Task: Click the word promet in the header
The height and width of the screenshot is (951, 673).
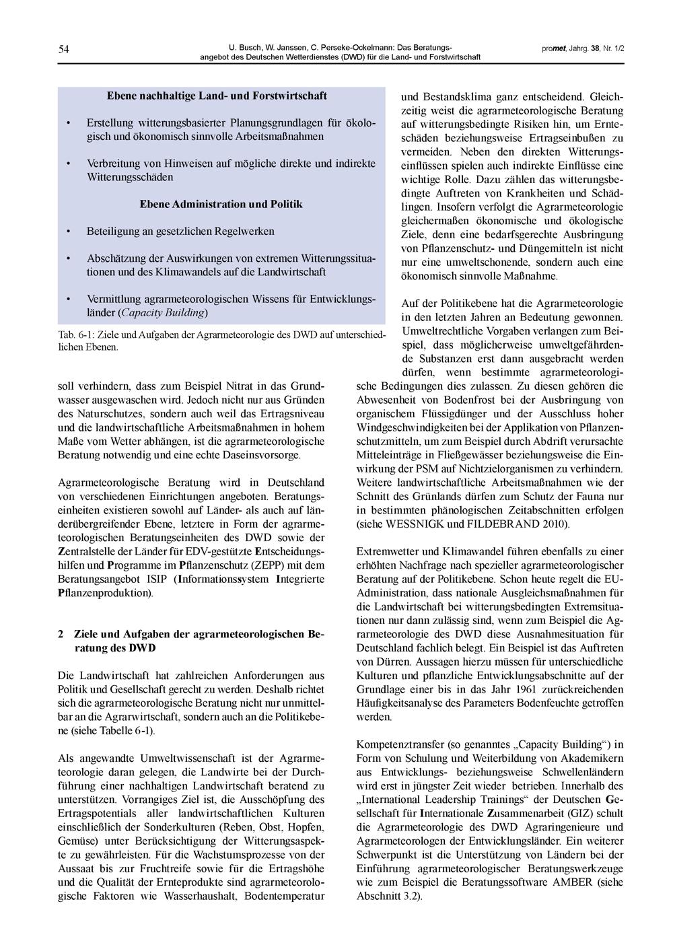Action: [553, 49]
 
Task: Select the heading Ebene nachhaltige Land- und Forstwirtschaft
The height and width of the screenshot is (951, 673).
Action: [217, 96]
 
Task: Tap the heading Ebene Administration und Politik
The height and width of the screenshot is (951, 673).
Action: [221, 204]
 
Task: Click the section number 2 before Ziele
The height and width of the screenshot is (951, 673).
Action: [61, 634]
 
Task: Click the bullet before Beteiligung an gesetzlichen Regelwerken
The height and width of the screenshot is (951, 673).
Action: [68, 232]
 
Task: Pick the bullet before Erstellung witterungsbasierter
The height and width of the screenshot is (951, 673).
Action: [68, 123]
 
